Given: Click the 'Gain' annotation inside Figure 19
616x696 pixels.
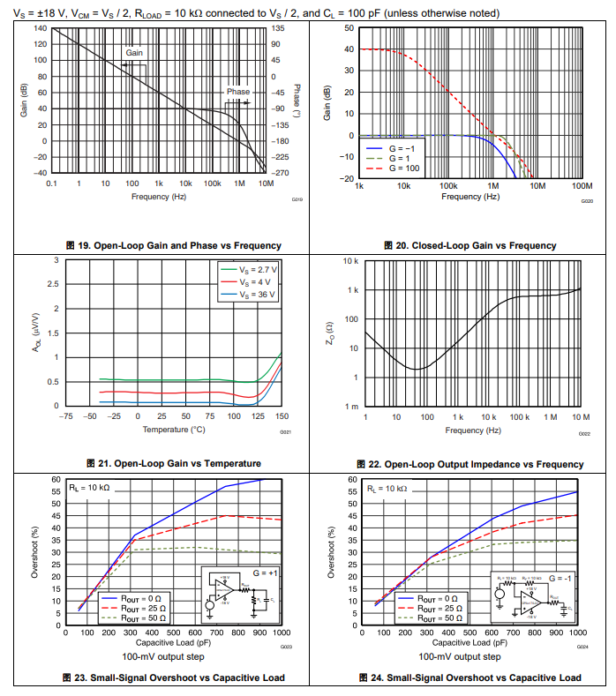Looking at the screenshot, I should pos(134,53).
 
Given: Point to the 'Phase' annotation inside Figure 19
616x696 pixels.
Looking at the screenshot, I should pos(237,92).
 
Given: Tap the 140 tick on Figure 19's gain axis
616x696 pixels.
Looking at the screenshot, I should pos(41,28).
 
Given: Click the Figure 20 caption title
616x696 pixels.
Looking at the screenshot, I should pos(470,245).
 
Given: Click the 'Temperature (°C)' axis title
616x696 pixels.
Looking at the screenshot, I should pos(173,430).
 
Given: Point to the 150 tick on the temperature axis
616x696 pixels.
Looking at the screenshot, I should pos(282,416).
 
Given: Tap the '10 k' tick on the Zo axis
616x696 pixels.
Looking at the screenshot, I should pos(350,262).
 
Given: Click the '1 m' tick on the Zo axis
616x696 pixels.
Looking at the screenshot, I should pos(351,407).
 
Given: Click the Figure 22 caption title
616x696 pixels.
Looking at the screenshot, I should pos(470,464).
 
